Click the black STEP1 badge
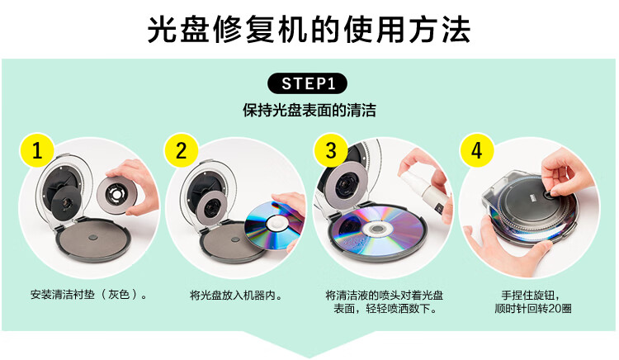(x=307, y=83)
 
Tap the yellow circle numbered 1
(x=37, y=150)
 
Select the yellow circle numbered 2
(x=182, y=150)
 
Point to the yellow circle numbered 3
(x=331, y=150)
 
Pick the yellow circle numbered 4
(x=476, y=150)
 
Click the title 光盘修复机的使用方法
(x=309, y=30)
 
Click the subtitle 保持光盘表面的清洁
(x=309, y=110)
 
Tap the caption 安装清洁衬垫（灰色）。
(x=89, y=295)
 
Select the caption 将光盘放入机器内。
(x=237, y=296)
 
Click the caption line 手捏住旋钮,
(x=530, y=296)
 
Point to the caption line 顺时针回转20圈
(x=533, y=308)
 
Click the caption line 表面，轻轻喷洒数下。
(x=385, y=308)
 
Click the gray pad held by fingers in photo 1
(x=117, y=195)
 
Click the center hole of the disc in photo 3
(x=376, y=229)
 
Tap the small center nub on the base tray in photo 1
(x=93, y=238)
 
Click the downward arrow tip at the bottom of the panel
(x=309, y=358)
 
